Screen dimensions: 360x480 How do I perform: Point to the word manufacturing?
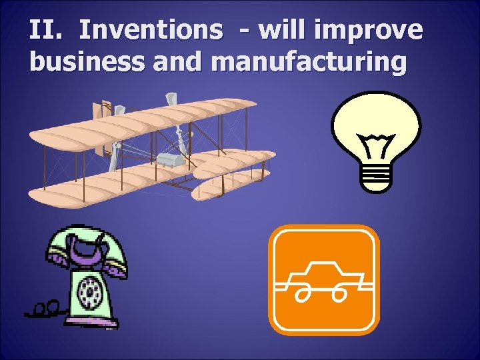coord(308,61)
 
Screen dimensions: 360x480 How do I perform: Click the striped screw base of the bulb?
coord(376,176)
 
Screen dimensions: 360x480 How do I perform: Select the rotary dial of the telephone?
coord(89,291)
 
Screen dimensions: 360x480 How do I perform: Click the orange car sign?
coord(323,279)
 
